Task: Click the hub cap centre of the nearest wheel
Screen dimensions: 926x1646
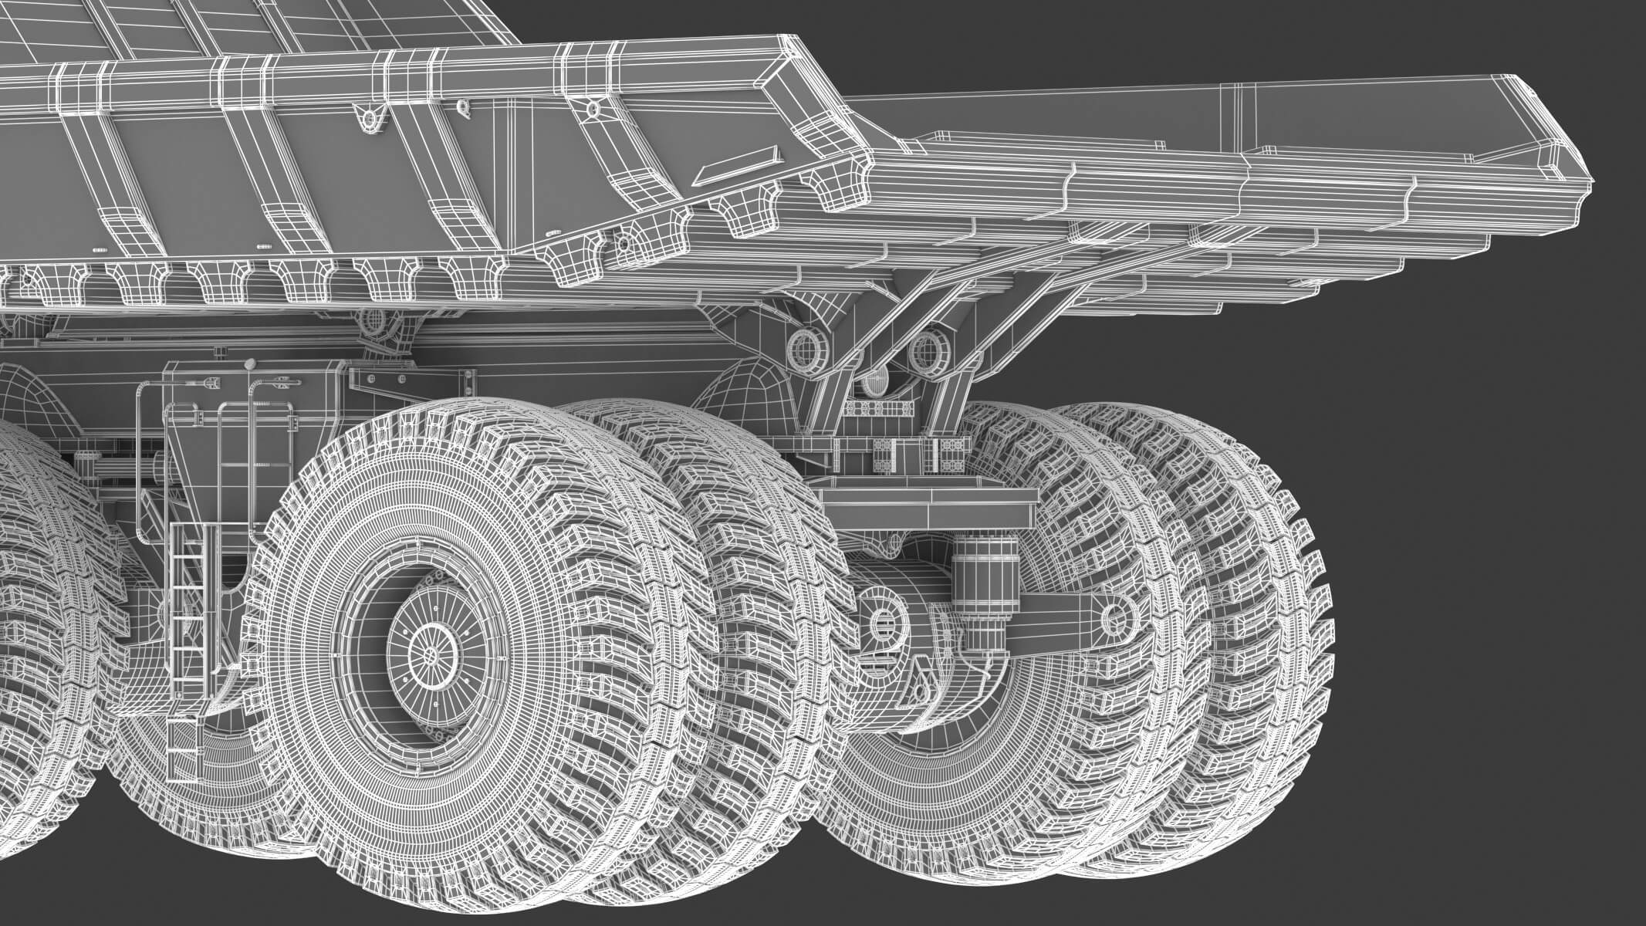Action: pos(429,653)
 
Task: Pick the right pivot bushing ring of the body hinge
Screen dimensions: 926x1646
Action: pos(923,350)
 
